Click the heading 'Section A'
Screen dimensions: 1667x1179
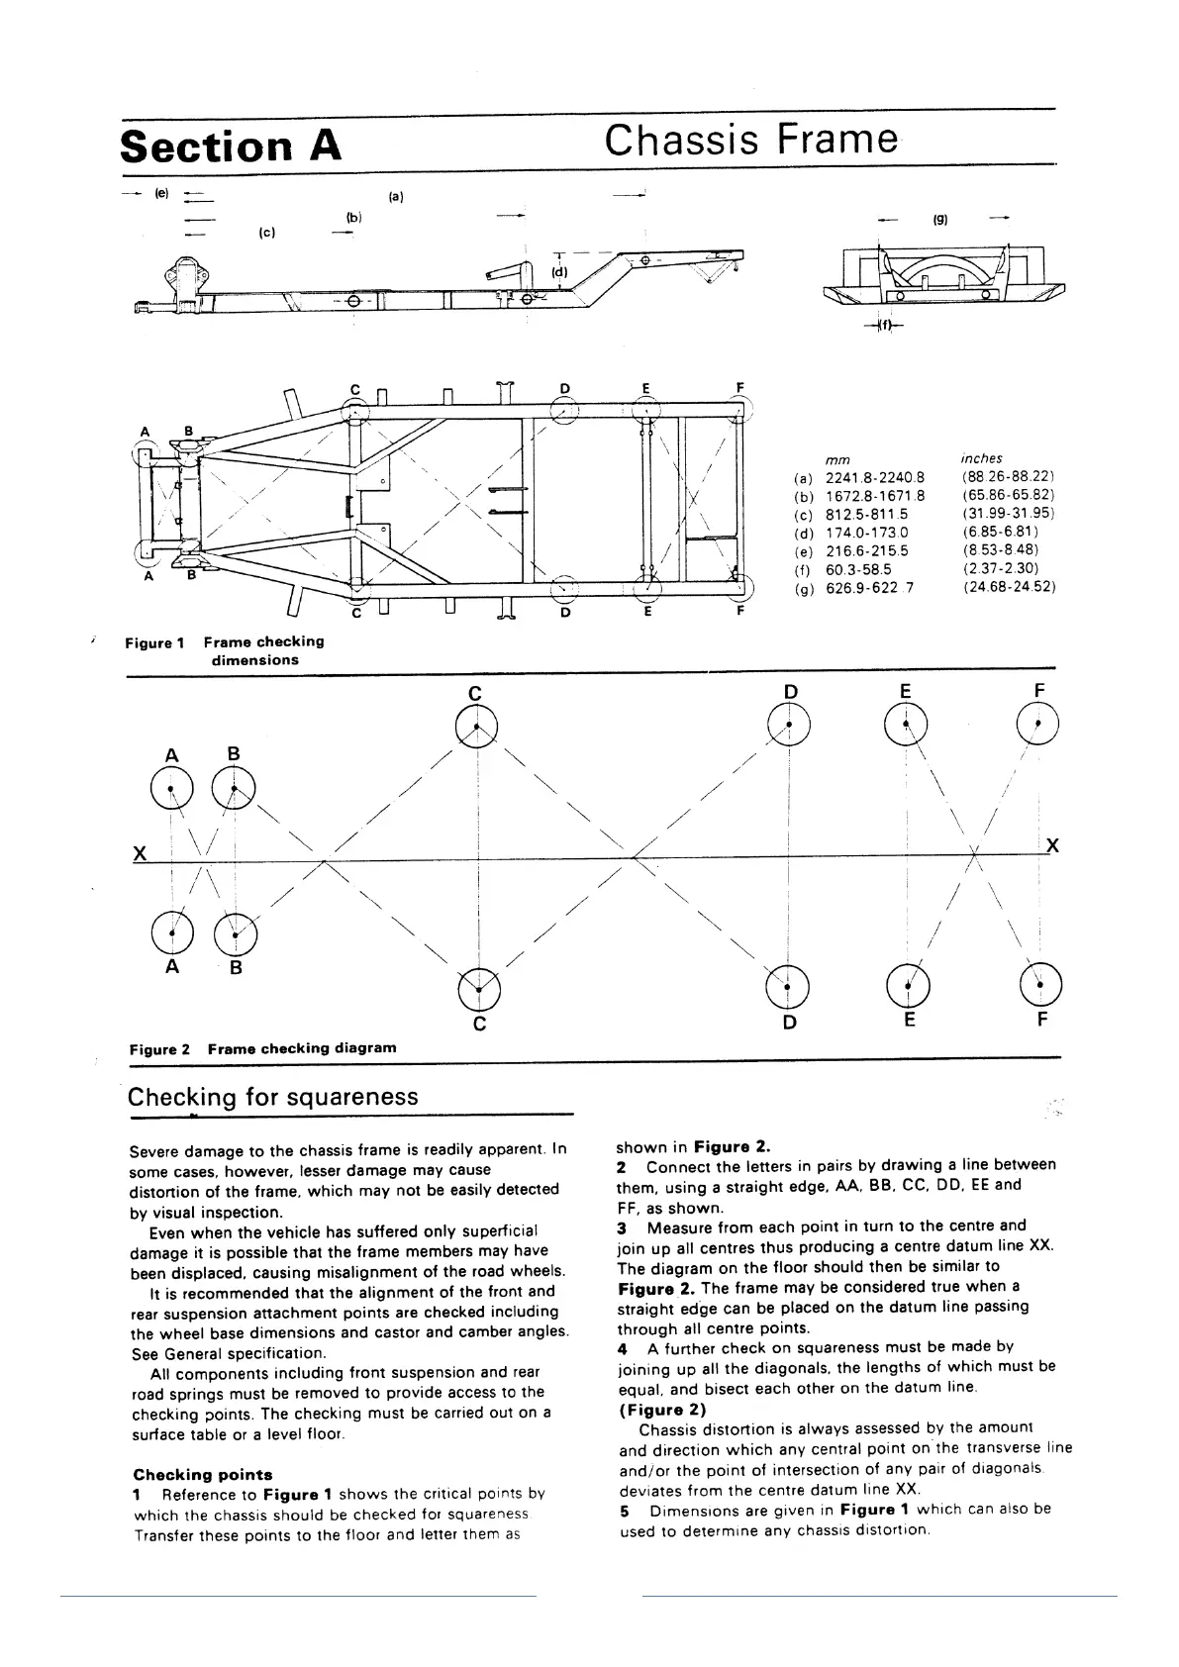[x=231, y=147]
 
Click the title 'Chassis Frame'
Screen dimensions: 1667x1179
[x=751, y=141]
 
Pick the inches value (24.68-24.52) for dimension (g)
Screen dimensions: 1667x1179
[x=1008, y=587]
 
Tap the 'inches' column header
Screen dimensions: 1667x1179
[x=981, y=458]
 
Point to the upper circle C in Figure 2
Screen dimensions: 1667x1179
[x=477, y=728]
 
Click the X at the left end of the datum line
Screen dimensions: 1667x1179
[x=141, y=853]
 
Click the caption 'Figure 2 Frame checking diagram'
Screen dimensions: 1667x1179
[x=262, y=1047]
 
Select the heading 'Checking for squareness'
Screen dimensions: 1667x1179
[x=273, y=1097]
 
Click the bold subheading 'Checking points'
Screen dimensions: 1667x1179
[x=203, y=1474]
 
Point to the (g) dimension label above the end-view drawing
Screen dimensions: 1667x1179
[x=940, y=221]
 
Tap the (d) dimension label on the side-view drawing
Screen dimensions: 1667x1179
[x=560, y=270]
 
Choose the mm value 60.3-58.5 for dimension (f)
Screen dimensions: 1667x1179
[x=858, y=569]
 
